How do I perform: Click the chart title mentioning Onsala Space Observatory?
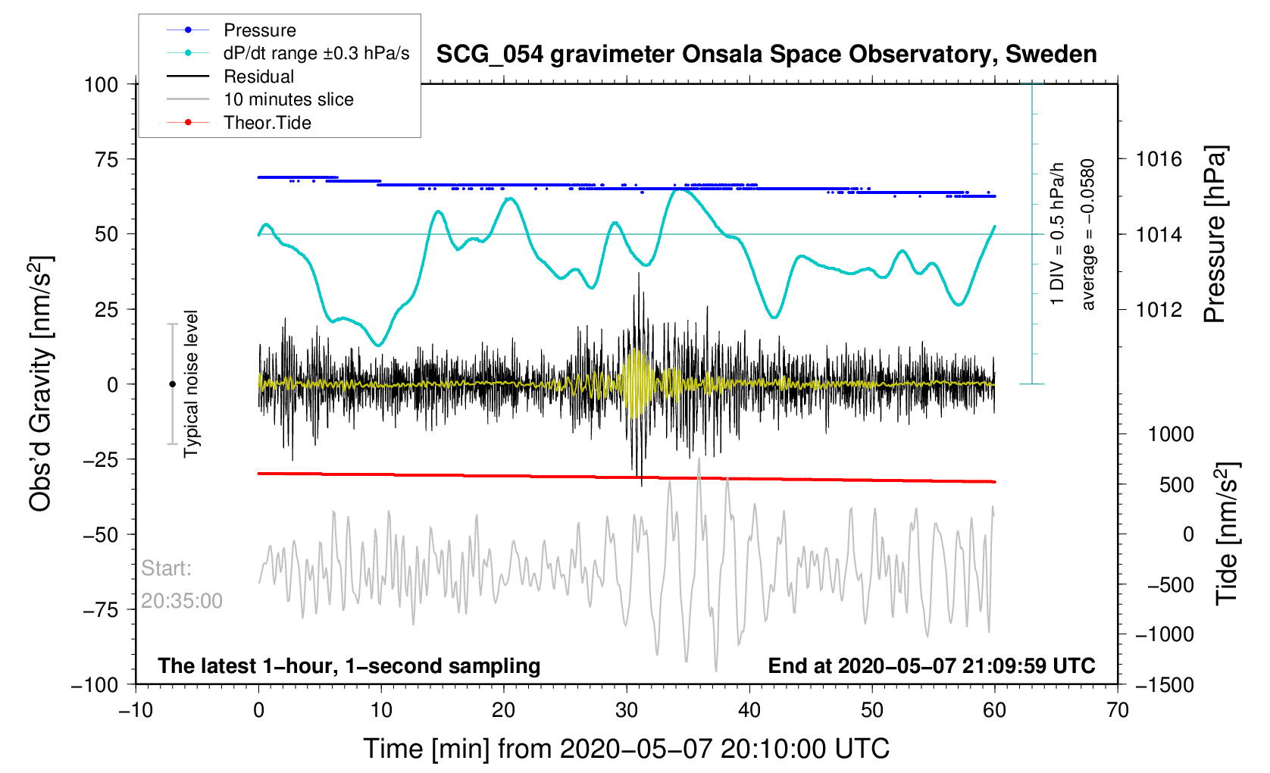click(x=766, y=55)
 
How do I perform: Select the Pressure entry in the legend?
click(x=259, y=30)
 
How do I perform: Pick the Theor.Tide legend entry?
click(x=267, y=123)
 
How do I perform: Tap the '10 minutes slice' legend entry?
click(x=288, y=99)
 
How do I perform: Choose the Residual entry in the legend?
click(x=258, y=77)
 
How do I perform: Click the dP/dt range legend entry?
click(x=316, y=53)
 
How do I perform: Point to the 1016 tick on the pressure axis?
click(x=1159, y=159)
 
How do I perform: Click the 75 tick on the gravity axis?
click(x=106, y=159)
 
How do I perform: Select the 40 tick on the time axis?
click(x=749, y=710)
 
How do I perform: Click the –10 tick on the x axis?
click(x=136, y=710)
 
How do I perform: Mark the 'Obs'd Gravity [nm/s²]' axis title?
click(x=41, y=383)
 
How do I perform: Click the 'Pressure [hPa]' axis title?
click(x=1215, y=235)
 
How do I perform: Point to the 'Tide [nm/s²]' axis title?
click(x=1227, y=534)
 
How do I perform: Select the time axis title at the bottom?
click(x=626, y=749)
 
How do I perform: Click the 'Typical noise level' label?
click(x=191, y=383)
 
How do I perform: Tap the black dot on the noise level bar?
click(x=172, y=384)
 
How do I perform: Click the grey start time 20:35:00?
click(x=182, y=601)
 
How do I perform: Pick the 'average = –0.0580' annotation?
click(x=1088, y=235)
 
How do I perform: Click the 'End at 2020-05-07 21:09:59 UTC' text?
click(x=931, y=666)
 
